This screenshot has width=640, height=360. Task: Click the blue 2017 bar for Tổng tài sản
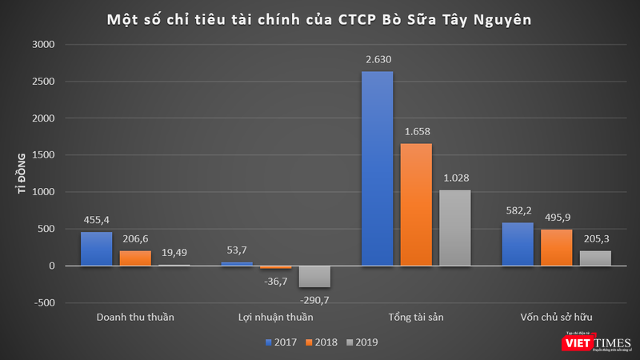point(377,168)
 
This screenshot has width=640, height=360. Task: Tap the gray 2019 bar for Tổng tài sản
point(454,227)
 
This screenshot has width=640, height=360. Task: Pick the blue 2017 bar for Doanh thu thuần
point(97,248)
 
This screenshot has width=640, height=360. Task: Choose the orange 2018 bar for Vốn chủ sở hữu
point(556,247)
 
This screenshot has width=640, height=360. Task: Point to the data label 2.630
point(377,59)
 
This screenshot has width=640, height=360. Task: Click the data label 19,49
point(174,252)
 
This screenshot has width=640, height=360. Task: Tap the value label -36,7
point(276,280)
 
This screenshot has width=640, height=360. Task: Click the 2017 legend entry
point(279,342)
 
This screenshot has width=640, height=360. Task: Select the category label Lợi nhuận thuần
point(275,317)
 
